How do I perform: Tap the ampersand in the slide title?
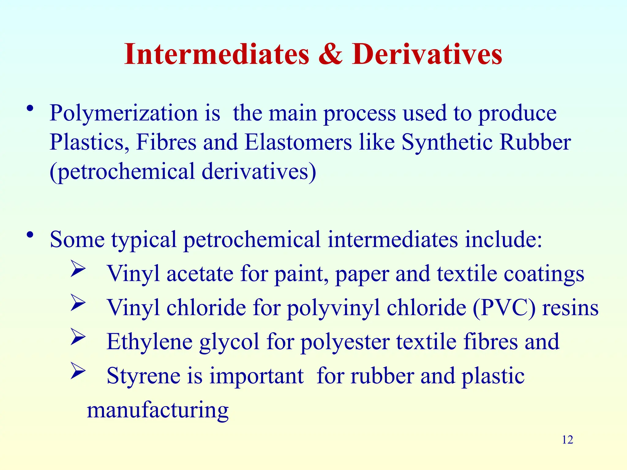pyautogui.click(x=330, y=54)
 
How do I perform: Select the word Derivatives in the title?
pyautogui.click(x=427, y=54)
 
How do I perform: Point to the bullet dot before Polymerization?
pyautogui.click(x=30, y=109)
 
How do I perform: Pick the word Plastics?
pyautogui.click(x=89, y=142)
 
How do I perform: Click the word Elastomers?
pyautogui.click(x=298, y=142)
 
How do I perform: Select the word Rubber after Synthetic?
pyautogui.click(x=535, y=142)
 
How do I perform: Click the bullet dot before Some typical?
pyautogui.click(x=30, y=235)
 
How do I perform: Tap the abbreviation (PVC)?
pyautogui.click(x=504, y=308)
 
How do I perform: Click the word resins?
pyautogui.click(x=570, y=308)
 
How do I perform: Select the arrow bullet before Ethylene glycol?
pyautogui.click(x=78, y=336)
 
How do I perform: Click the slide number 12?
pyautogui.click(x=567, y=440)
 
